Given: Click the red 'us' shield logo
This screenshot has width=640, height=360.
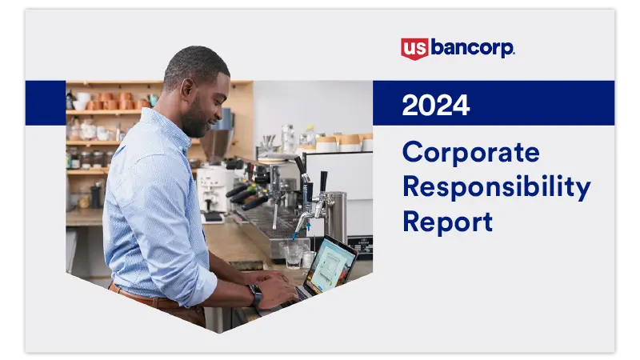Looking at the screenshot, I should pyautogui.click(x=414, y=48).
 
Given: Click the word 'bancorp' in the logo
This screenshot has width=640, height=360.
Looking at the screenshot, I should pyautogui.click(x=472, y=48).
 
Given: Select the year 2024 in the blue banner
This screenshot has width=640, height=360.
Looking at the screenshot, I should pyautogui.click(x=436, y=105).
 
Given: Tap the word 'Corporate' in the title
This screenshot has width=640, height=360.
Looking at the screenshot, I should pyautogui.click(x=470, y=152).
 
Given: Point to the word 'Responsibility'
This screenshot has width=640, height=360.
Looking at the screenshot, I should pyautogui.click(x=496, y=186).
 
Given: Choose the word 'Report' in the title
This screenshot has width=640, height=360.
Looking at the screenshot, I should pyautogui.click(x=447, y=221).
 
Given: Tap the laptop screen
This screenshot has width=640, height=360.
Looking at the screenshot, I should pyautogui.click(x=330, y=264).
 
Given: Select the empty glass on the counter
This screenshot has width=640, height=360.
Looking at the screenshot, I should pyautogui.click(x=292, y=254).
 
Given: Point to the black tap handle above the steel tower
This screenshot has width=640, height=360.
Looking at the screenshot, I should pyautogui.click(x=322, y=182).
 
